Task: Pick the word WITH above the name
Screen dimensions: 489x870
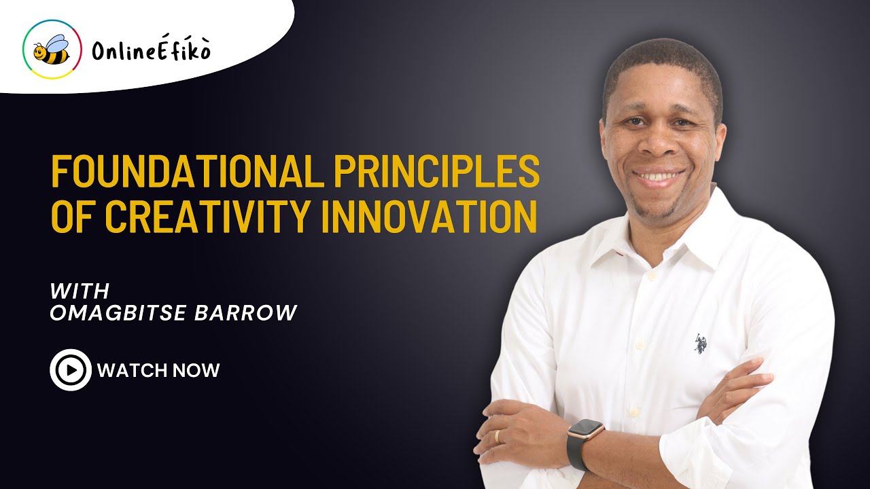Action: pos(80,291)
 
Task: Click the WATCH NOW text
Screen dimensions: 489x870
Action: pos(158,370)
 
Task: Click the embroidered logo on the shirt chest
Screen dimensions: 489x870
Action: pos(701,344)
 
